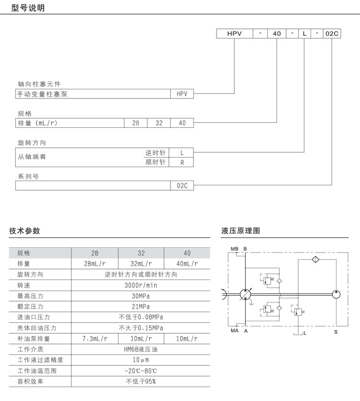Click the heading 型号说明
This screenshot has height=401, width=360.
click(27, 8)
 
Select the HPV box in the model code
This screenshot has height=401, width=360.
click(234, 34)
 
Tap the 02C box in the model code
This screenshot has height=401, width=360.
click(332, 34)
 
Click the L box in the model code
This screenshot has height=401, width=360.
click(305, 34)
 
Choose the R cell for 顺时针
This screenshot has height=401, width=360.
click(182, 162)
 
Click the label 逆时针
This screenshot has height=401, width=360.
click(155, 153)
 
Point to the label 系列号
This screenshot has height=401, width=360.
click(28, 177)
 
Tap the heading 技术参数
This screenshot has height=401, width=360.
click(24, 231)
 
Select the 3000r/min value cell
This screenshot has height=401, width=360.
click(141, 285)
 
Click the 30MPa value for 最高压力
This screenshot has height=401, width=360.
click(141, 296)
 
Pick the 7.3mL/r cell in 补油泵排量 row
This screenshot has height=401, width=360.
click(95, 339)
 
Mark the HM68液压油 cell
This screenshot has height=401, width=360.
click(141, 349)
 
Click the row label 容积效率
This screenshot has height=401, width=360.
click(30, 381)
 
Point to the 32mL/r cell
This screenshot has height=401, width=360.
click(141, 264)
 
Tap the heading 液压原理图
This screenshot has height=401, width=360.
click(240, 231)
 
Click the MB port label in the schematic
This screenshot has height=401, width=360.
click(234, 249)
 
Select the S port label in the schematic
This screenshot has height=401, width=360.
click(336, 331)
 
